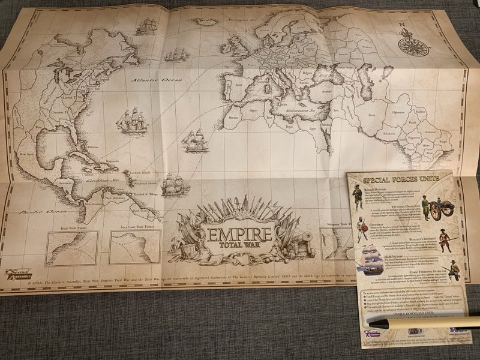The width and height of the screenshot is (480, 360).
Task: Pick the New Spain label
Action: [27, 154]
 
